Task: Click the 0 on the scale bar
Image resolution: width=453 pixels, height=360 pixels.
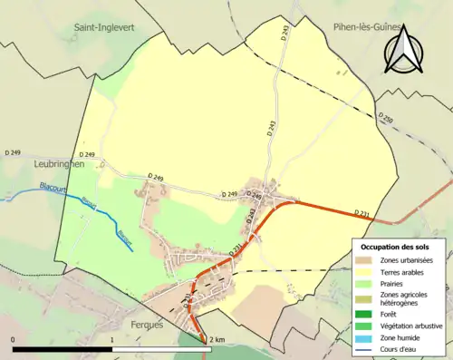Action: (14, 339)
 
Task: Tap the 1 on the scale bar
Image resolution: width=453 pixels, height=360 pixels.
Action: (111, 339)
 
